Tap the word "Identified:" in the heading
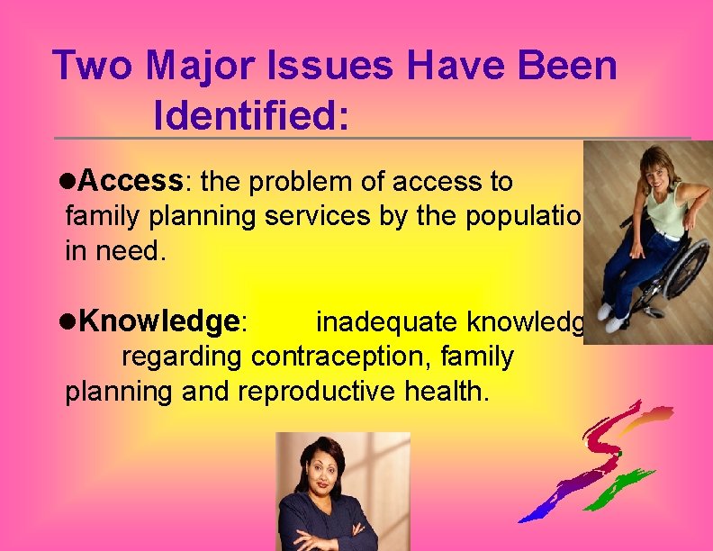(x=251, y=115)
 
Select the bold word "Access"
(x=131, y=182)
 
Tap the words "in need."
(x=116, y=251)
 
